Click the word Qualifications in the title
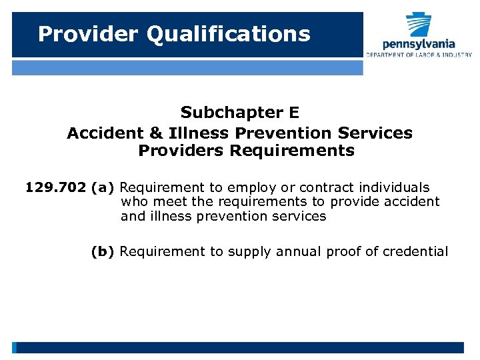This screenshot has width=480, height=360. pos(229,34)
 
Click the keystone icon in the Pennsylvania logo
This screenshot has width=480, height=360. pos(419,24)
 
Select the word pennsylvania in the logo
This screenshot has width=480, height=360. pos(419,44)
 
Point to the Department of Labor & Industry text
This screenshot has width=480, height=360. pos(419,55)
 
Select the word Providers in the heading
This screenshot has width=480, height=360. pos(181,151)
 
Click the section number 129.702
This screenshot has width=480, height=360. pos(55,188)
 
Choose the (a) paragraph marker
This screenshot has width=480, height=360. pos(103,188)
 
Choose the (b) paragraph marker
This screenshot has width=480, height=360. pos(103,251)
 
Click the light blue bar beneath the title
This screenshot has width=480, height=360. pos(187,67)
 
